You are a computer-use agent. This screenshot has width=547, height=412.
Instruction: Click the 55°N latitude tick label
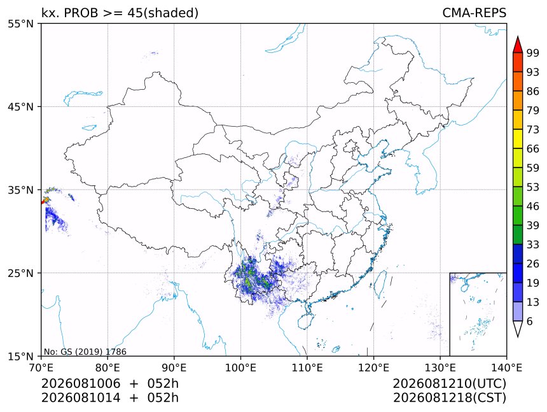tap(20, 24)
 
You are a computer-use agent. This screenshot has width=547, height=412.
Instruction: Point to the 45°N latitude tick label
tap(20, 107)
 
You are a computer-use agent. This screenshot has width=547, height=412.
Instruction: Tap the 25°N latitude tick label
tap(20, 273)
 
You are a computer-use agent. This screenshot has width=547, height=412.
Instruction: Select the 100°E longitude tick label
tap(240, 367)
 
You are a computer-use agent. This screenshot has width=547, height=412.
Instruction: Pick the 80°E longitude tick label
tap(107, 367)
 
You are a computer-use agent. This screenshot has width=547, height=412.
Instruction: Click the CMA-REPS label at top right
tap(474, 13)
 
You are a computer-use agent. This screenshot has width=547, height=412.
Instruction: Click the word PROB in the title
tap(81, 13)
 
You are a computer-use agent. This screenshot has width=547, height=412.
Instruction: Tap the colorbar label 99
tap(533, 53)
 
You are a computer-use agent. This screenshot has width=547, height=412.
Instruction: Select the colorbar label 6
tap(530, 321)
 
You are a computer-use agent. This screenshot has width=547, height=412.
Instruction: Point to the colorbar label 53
tap(533, 187)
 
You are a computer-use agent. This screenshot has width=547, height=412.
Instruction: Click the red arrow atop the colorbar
tap(518, 45)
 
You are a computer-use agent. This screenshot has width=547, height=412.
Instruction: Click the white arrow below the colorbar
tap(518, 328)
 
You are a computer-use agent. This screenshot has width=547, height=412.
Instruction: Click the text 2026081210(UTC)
tap(449, 383)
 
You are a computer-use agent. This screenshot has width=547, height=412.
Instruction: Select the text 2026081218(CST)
tap(449, 398)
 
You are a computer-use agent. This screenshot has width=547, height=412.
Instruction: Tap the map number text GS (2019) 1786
tap(93, 352)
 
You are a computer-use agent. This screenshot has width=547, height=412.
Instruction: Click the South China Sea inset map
tap(478, 314)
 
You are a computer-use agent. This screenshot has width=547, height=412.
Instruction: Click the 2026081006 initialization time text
tap(81, 383)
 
